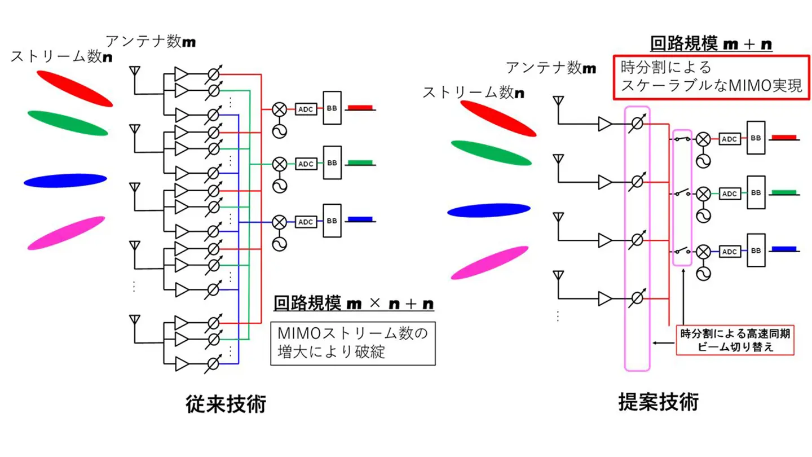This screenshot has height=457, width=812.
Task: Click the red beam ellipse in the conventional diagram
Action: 74,88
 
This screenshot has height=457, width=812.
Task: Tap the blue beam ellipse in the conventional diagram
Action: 65,181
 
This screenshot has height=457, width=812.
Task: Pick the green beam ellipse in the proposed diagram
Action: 491,153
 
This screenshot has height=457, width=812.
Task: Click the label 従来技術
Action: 226,405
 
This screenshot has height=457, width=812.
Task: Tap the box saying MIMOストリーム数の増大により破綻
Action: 353,344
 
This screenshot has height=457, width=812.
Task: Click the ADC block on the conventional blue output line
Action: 306,221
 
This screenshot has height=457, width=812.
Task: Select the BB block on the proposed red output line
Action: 756,138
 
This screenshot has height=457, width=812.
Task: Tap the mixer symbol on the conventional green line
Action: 279,164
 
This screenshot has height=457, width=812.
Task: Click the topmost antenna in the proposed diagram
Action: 558,102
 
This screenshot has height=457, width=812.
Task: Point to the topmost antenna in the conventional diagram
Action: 135,71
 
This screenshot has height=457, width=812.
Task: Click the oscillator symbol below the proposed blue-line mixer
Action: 703,273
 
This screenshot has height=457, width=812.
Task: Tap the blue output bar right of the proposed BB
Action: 783,249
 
